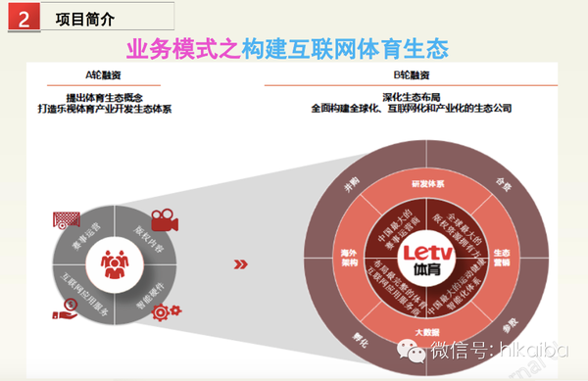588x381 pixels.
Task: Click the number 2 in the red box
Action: click(23, 17)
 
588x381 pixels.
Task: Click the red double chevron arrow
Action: click(238, 263)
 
